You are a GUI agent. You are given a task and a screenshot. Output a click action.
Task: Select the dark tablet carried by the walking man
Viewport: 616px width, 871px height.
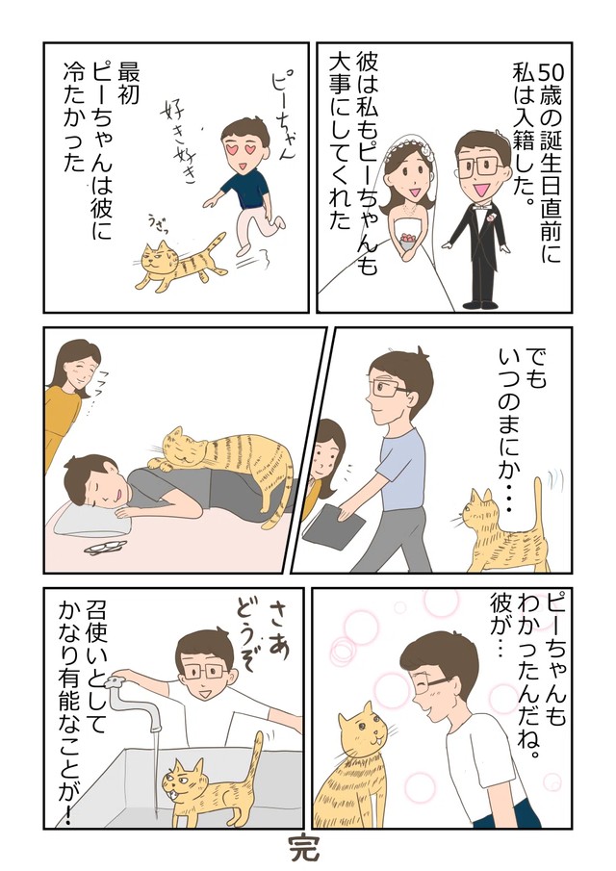(332, 527)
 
